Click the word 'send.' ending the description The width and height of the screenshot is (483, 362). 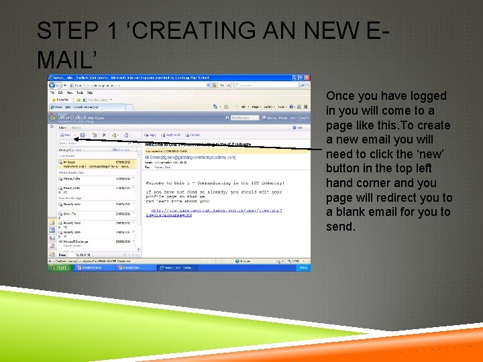(x=340, y=227)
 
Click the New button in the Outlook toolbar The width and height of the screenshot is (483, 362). (x=66, y=135)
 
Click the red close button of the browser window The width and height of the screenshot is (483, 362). (x=307, y=78)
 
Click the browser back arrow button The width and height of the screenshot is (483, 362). (x=53, y=85)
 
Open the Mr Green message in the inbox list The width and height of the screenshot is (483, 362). (x=74, y=162)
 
